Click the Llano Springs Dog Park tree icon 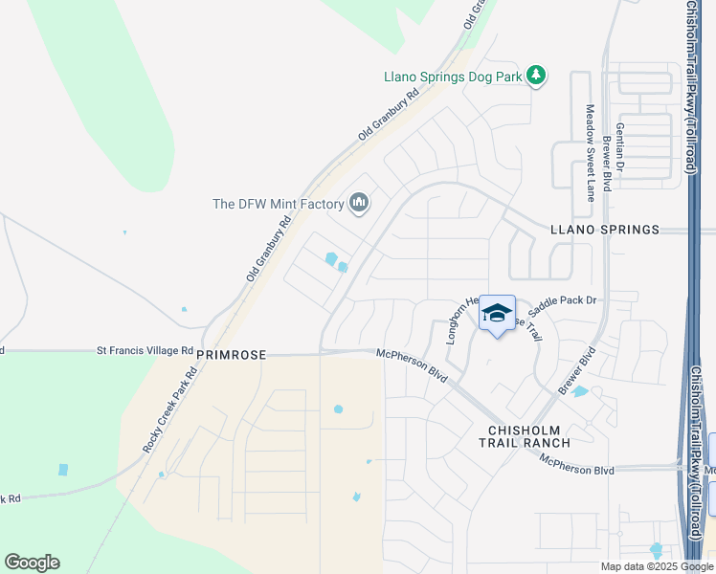[x=536, y=76]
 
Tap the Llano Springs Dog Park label [x=452, y=76]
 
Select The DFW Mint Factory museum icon [x=359, y=203]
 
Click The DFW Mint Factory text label [x=278, y=204]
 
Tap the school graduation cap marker [x=497, y=314]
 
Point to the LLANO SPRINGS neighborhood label [x=605, y=230]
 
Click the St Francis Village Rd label [x=145, y=351]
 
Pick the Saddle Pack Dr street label [x=562, y=300]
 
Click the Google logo [x=32, y=563]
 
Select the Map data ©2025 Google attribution [x=657, y=566]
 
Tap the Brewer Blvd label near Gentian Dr [x=607, y=163]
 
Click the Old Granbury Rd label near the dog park [x=390, y=116]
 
